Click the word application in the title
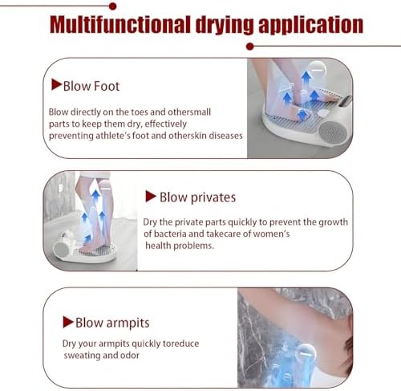(310, 26)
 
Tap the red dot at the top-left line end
(112, 6)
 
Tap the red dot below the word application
(250, 47)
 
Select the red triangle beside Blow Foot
(56, 84)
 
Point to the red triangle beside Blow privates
(151, 197)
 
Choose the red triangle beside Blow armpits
(68, 322)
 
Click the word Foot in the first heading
(107, 86)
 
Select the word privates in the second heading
(213, 198)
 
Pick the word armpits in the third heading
(128, 323)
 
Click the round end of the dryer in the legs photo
(62, 250)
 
